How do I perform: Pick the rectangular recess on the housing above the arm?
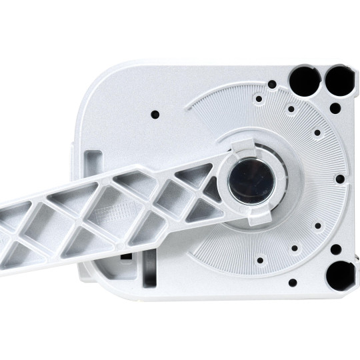pyautogui.click(x=95, y=161)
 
